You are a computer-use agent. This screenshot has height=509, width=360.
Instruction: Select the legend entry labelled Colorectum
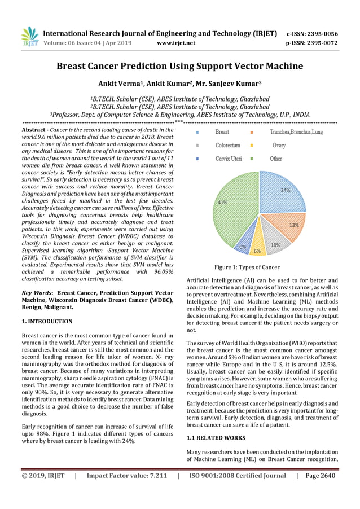pyautogui.click(x=227, y=145)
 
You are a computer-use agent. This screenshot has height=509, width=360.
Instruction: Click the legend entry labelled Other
pyautogui.click(x=275, y=159)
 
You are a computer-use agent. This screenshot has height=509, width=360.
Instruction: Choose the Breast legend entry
pyautogui.click(x=222, y=132)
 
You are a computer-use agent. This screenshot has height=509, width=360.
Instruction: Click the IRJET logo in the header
pyautogui.click(x=29, y=37)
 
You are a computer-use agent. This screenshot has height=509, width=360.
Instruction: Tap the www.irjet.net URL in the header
pyautogui.click(x=176, y=42)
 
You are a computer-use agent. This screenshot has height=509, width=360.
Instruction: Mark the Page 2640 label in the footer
pyautogui.click(x=320, y=475)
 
